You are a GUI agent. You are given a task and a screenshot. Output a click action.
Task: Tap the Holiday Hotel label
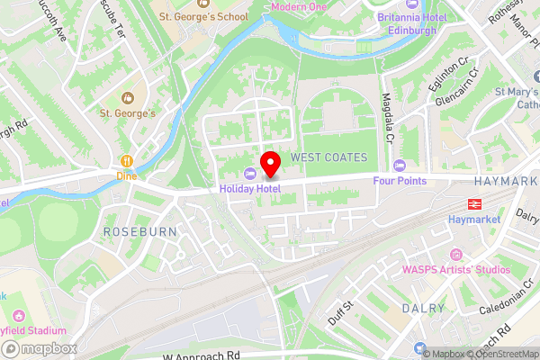pos(250,188)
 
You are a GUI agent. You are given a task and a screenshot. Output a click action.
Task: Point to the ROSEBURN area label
pos(135,232)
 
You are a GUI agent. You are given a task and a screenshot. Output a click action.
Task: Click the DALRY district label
pos(424,309)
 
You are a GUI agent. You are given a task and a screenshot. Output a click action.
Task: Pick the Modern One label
pos(298,6)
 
